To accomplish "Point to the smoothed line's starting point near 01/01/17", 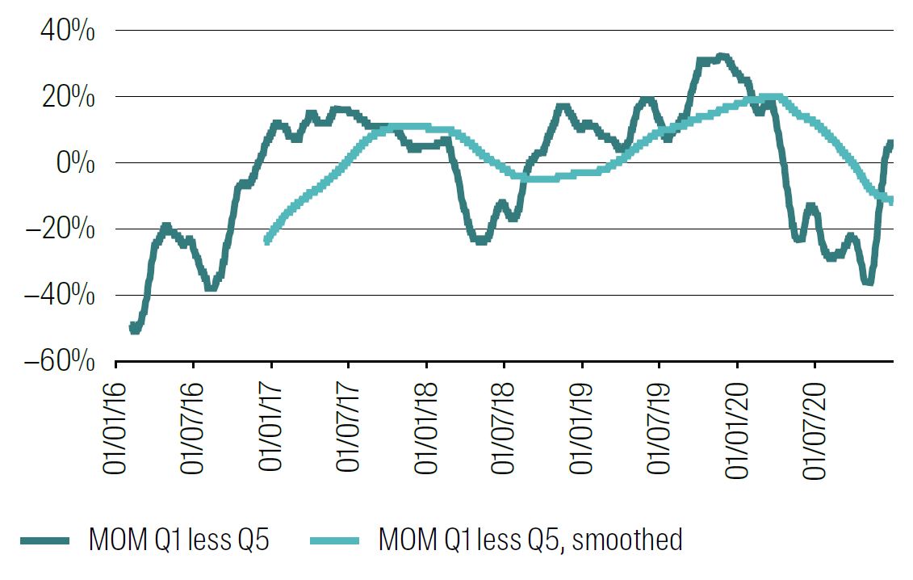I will [267, 239].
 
